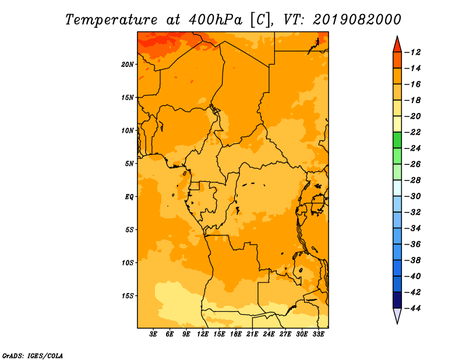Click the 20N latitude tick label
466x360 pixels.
point(128,65)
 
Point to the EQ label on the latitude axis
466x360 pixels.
point(129,197)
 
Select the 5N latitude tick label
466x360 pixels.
point(129,164)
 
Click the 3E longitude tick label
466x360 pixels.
point(153,334)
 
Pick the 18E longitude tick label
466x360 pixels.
point(236,334)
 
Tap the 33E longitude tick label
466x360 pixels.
point(318,334)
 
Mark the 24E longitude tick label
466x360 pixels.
point(269,334)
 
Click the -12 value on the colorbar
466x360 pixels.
point(412,52)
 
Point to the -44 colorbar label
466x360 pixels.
point(412,308)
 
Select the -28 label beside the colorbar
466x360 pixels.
point(412,180)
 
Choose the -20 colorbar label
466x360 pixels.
point(412,117)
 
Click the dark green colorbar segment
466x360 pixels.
point(397,140)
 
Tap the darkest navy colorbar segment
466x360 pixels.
point(397,300)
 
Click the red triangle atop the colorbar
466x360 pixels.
point(397,45)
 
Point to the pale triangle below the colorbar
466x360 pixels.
point(397,315)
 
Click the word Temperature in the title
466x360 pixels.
point(111,20)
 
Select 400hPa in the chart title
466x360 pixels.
point(216,20)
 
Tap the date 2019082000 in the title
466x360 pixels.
point(357,20)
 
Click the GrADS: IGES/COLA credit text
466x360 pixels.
point(33,356)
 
